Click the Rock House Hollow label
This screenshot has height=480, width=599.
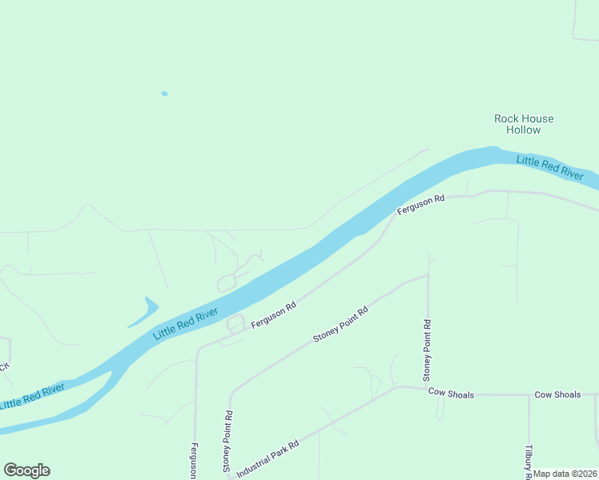(524, 124)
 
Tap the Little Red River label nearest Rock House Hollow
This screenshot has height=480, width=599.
(549, 167)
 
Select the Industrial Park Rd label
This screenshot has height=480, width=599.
(267, 454)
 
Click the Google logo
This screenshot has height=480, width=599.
(26, 470)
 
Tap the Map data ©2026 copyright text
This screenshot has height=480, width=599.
(565, 474)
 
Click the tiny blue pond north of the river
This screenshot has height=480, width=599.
(164, 94)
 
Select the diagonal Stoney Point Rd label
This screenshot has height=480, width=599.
(340, 324)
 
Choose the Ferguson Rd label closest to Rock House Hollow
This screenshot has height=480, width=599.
(420, 204)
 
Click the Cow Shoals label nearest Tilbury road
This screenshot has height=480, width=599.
(557, 395)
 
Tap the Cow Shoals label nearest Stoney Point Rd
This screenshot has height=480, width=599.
(451, 394)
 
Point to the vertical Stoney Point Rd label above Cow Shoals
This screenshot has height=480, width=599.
(428, 350)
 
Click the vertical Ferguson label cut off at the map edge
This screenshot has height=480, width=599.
(195, 461)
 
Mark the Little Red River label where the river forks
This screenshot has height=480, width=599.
(32, 396)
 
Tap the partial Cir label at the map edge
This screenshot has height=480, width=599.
(4, 367)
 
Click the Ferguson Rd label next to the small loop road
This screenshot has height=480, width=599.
(274, 314)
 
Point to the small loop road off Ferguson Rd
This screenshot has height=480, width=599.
(235, 324)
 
